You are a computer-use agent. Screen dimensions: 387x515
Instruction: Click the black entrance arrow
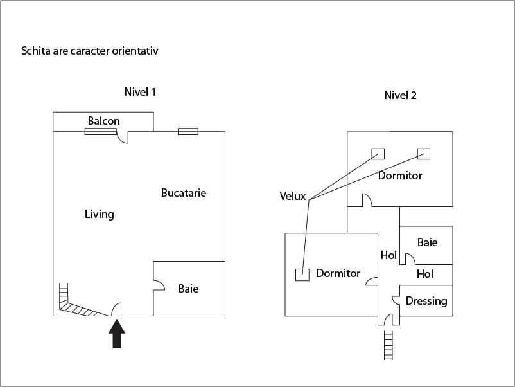[x=116, y=334]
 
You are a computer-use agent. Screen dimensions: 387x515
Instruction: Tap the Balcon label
[x=103, y=121]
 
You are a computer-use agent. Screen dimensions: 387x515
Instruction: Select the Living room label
[x=99, y=214]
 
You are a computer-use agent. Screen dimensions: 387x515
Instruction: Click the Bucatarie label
[x=184, y=193]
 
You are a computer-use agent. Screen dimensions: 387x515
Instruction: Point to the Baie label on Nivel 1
[x=188, y=289]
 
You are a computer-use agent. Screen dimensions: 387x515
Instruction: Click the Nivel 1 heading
[x=140, y=92]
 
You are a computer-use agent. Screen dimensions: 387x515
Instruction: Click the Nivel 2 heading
[x=400, y=95]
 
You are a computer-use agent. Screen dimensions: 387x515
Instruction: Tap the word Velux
[x=292, y=196]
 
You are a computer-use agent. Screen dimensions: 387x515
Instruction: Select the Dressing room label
[x=426, y=301]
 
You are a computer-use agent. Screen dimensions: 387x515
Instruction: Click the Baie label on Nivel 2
[x=427, y=242]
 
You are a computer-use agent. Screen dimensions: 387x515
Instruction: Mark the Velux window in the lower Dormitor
[x=302, y=274]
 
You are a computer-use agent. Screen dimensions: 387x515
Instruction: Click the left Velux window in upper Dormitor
[x=378, y=154]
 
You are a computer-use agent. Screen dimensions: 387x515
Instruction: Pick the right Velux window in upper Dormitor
[x=423, y=154]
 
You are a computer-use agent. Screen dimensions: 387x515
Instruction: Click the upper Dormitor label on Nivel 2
[x=400, y=175]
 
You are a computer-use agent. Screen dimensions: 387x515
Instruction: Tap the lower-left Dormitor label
[x=338, y=273]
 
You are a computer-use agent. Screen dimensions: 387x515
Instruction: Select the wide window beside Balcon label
[x=100, y=132]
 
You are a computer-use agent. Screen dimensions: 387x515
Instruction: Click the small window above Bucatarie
[x=188, y=132]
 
